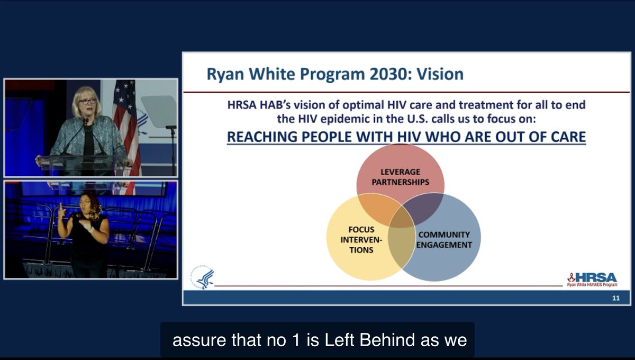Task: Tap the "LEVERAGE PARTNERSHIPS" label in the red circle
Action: (400, 177)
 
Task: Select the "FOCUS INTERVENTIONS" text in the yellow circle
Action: (361, 240)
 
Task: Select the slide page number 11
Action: (615, 298)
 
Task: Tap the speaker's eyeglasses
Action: (87, 101)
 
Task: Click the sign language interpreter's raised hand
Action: (62, 208)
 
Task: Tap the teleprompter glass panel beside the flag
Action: (159, 111)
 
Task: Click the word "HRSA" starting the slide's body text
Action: (240, 105)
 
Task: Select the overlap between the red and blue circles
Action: (423, 208)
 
